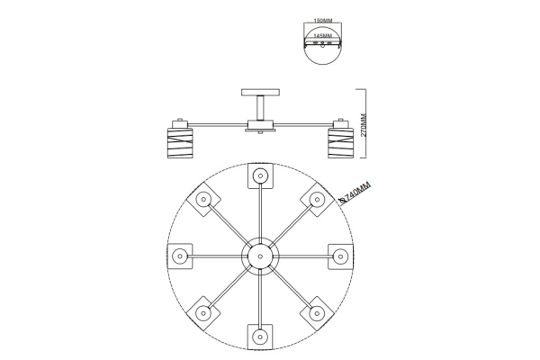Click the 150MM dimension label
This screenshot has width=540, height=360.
pyautogui.click(x=323, y=21)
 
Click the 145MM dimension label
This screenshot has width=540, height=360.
pyautogui.click(x=323, y=36)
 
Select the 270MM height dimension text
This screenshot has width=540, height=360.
pyautogui.click(x=364, y=125)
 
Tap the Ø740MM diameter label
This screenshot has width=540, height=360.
pyautogui.click(x=355, y=193)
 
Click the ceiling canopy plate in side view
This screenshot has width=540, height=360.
pyautogui.click(x=260, y=93)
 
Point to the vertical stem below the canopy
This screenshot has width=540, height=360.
pyautogui.click(x=260, y=108)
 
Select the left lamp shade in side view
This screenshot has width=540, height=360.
pyautogui.click(x=180, y=142)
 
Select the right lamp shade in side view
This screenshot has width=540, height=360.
pyautogui.click(x=340, y=142)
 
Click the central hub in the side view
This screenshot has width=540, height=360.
pyautogui.click(x=260, y=126)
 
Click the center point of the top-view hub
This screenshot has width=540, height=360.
pyautogui.click(x=260, y=256)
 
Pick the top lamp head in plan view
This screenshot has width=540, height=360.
pyautogui.click(x=260, y=175)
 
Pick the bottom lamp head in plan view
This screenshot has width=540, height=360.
pyautogui.click(x=260, y=337)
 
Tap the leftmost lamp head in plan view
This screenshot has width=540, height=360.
pyautogui.click(x=180, y=256)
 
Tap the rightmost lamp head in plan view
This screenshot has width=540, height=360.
pyautogui.click(x=340, y=256)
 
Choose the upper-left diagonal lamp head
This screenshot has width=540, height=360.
pyautogui.click(x=203, y=200)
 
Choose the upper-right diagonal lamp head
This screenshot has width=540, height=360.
pyautogui.click(x=317, y=200)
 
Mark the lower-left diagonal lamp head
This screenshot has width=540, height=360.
pyautogui.click(x=203, y=313)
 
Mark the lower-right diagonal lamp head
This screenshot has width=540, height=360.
pyautogui.click(x=317, y=313)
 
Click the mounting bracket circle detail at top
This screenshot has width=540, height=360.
pyautogui.click(x=323, y=43)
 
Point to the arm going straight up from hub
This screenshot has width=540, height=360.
pyautogui.click(x=260, y=212)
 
